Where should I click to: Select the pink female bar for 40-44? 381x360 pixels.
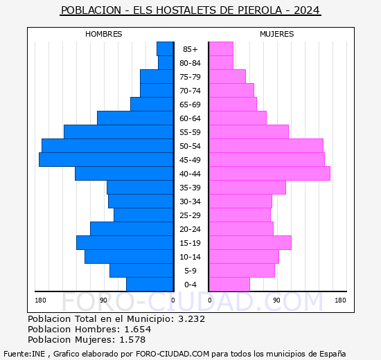[269, 174]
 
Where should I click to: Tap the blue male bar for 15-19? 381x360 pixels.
[125, 243]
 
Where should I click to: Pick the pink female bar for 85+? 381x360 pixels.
[221, 49]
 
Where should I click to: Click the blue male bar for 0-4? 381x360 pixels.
[150, 285]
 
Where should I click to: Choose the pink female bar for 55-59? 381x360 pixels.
[249, 132]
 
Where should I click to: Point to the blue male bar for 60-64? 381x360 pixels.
[135, 118]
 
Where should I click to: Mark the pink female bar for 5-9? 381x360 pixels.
[242, 271]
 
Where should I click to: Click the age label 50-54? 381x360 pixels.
[190, 146]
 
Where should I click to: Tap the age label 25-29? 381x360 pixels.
[190, 215]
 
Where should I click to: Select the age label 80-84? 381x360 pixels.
[190, 63]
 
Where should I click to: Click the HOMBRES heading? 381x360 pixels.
[104, 34]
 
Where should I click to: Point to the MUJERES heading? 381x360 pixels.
[277, 34]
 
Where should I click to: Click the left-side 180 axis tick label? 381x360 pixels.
[41, 300]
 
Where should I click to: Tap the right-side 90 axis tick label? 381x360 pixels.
[276, 300]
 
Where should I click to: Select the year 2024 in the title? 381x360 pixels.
[306, 10]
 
